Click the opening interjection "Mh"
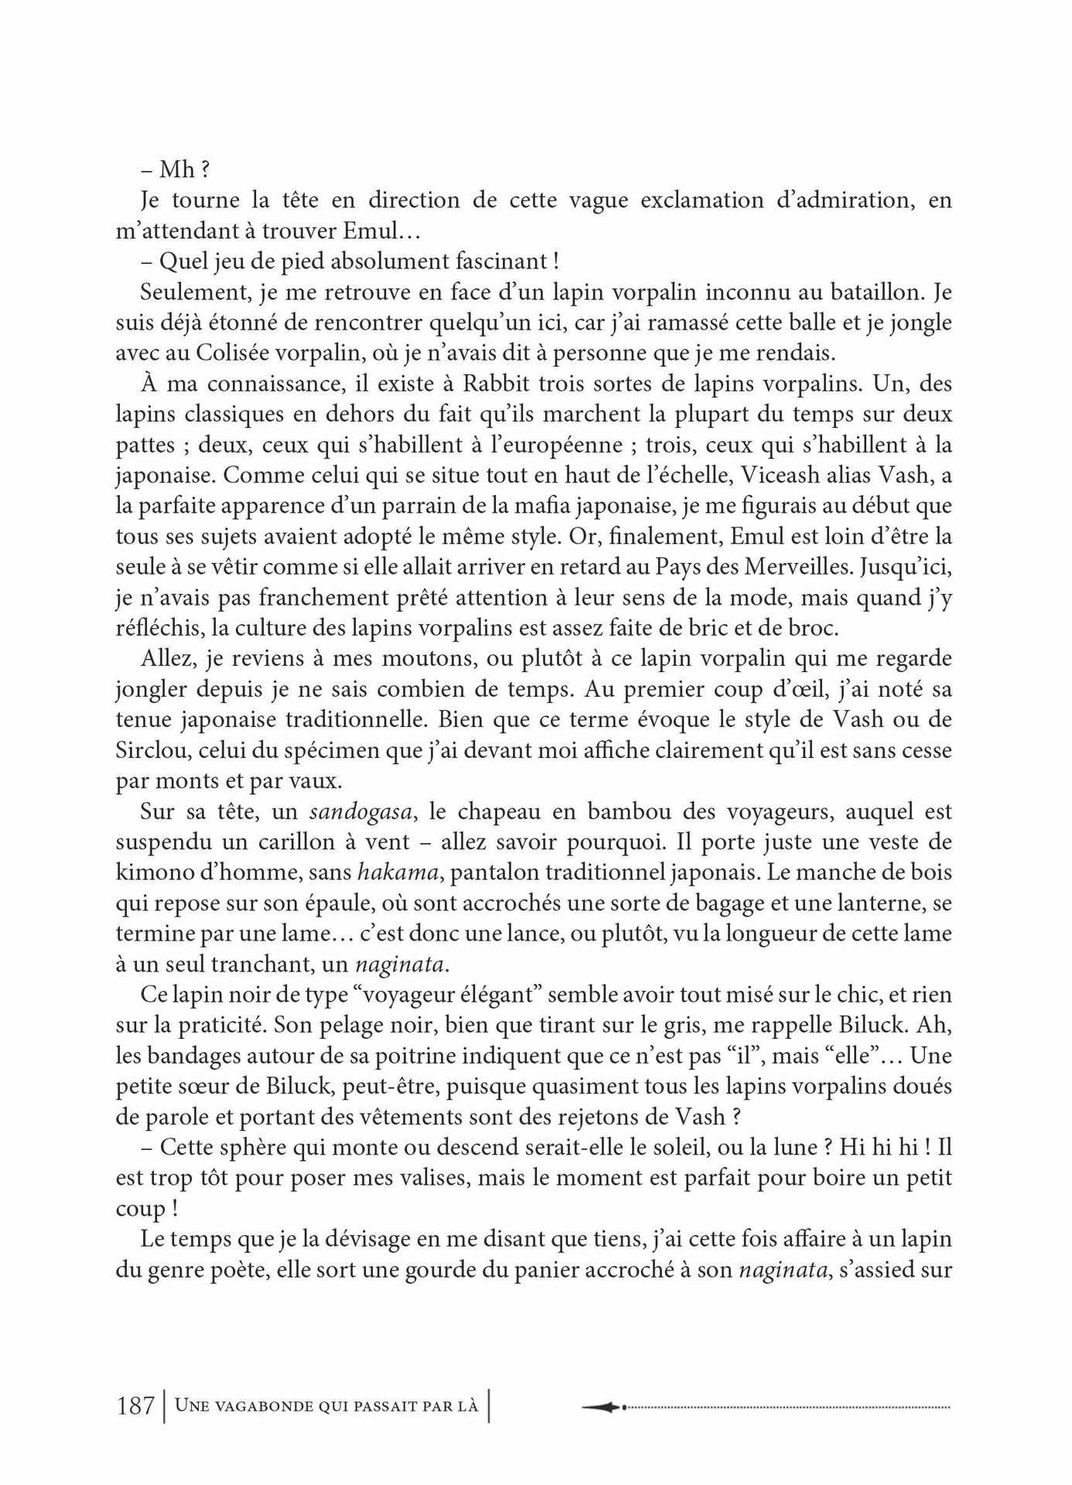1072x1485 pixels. (176, 170)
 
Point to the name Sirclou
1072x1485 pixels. (149, 750)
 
